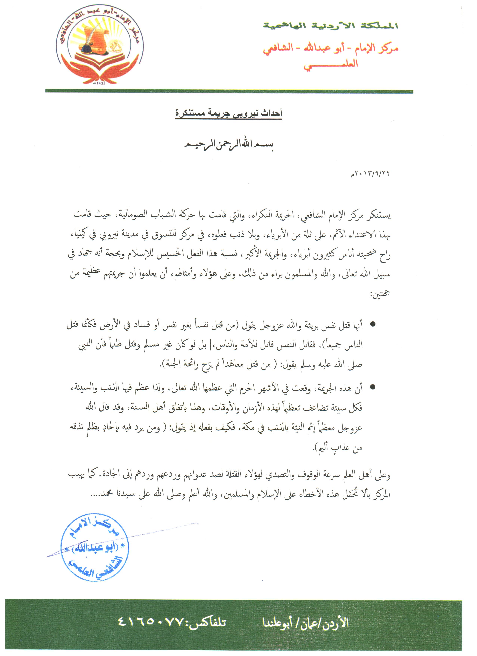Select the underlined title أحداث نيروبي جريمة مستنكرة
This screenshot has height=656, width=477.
click(x=229, y=113)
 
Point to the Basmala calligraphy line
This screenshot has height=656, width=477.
click(x=229, y=145)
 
